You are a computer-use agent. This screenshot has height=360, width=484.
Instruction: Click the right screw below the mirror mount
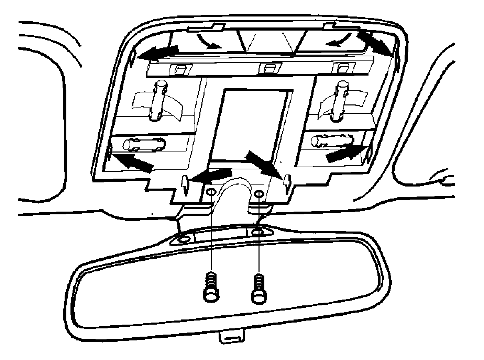[258, 289]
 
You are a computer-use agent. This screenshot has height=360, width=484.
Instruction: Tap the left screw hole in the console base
[211, 192]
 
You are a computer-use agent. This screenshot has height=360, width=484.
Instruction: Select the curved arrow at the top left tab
[209, 41]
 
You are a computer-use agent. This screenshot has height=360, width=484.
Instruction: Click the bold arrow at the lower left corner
[132, 162]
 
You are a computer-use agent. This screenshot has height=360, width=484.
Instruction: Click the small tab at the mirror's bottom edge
[232, 337]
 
